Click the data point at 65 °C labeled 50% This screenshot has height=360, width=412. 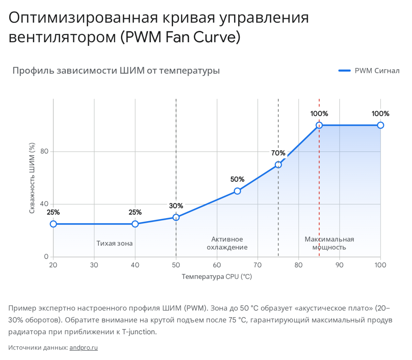tap(237, 191)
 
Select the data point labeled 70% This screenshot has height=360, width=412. tap(278, 165)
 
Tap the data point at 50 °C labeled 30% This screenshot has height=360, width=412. tap(176, 217)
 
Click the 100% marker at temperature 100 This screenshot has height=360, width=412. tap(380, 125)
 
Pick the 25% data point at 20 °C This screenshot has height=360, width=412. tap(53, 224)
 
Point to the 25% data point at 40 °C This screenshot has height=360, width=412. tap(135, 224)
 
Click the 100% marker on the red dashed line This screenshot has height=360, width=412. tap(319, 125)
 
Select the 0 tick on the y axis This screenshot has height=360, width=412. tap(46, 257)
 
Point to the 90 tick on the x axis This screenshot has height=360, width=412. tap(339, 265)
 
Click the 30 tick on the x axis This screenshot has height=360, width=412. tap(94, 265)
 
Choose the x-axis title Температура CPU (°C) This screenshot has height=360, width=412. tap(216, 276)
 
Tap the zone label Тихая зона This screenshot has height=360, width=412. tap(115, 243)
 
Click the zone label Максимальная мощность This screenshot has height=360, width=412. tap(329, 243)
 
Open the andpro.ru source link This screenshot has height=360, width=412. tap(84, 348)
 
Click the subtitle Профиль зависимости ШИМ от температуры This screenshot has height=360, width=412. tap(116, 71)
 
